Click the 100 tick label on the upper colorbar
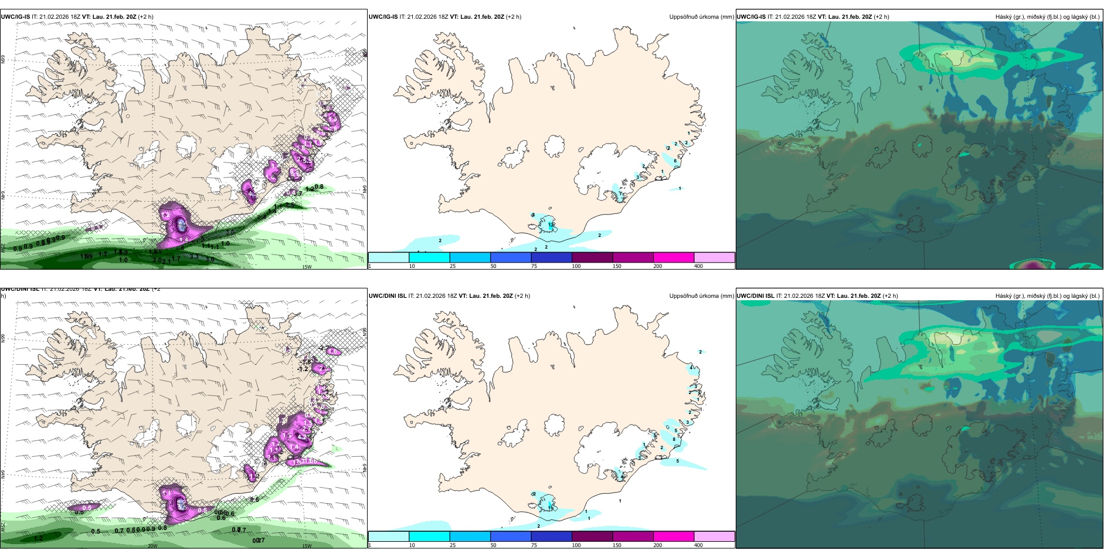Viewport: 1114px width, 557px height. coord(576,266)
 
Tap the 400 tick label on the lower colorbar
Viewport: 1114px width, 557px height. coord(698,545)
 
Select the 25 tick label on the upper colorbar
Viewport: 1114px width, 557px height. coord(453,266)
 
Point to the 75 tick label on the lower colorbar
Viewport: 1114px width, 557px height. coord(534,545)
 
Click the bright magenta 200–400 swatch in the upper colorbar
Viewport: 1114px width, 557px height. coord(674,257)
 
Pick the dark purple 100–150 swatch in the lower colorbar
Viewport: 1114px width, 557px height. coord(592,536)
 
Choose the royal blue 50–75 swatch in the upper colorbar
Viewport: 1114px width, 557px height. coord(511,257)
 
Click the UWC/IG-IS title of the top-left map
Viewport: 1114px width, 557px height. coord(15,17)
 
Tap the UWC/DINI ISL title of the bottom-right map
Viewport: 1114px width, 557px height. coord(756,296)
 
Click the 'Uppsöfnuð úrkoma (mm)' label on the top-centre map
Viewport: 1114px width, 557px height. coord(701,17)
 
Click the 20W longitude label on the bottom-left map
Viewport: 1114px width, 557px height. coord(152,546)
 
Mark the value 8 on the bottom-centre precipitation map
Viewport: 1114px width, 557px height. coord(674,439)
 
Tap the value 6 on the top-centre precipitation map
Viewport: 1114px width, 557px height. coord(675,161)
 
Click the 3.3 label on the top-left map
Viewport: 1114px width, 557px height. coord(194,256)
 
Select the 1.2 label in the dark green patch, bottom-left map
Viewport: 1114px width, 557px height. coord(38,538)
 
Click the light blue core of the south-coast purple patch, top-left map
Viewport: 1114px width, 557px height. coord(182,225)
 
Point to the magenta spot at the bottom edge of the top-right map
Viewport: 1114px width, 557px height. coord(1033,265)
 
